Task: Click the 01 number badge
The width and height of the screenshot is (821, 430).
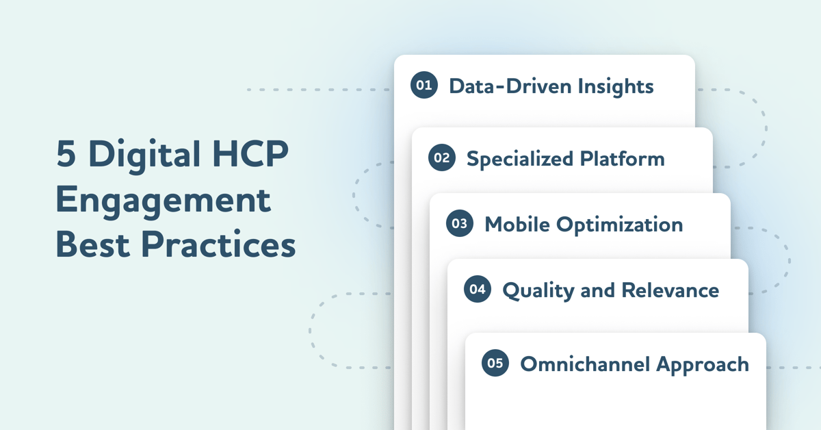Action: coord(423,86)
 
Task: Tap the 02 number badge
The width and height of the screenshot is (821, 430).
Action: coord(441,158)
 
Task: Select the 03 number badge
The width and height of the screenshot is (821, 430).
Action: coord(459,224)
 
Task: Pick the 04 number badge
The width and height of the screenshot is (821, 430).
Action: coord(477,290)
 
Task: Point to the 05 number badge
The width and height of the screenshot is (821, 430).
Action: coord(495,363)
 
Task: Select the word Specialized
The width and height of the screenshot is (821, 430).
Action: coord(520,160)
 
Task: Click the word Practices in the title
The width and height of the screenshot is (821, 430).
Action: coord(219,244)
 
